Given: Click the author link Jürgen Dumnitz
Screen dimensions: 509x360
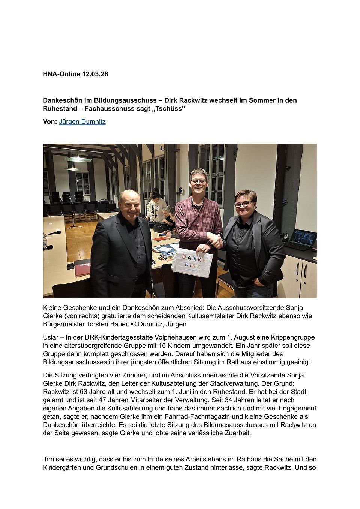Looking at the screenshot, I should pos(82,122).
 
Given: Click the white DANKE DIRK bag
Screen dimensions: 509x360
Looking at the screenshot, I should pos(192,262).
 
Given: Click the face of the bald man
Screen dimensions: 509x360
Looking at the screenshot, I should pos(130,205).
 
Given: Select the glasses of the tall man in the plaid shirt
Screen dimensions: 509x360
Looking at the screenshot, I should pos(199,181).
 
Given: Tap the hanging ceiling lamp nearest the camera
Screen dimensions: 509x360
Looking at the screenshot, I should pos(78,160).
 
